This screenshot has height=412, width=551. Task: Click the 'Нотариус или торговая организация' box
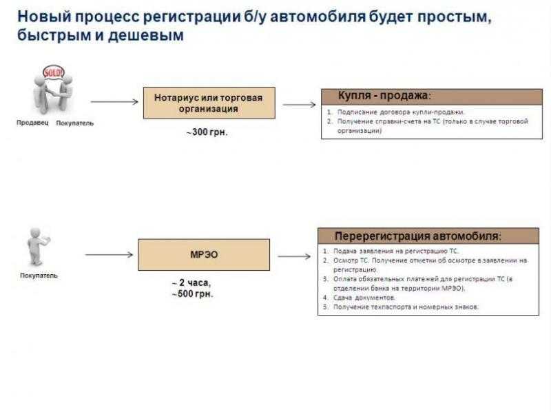(209, 103)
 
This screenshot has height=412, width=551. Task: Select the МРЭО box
(204, 254)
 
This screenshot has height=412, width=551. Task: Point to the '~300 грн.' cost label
(207, 132)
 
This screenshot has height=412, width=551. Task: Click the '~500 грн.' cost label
(192, 293)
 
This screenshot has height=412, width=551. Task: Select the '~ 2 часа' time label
(191, 283)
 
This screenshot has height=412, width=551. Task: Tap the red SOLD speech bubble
(53, 72)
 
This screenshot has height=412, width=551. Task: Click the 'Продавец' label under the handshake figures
(32, 123)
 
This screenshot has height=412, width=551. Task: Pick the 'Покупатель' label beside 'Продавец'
(74, 123)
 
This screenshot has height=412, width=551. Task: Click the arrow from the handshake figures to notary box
(114, 102)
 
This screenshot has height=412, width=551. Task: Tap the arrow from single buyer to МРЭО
(109, 254)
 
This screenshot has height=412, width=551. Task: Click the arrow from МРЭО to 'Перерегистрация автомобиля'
(293, 256)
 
